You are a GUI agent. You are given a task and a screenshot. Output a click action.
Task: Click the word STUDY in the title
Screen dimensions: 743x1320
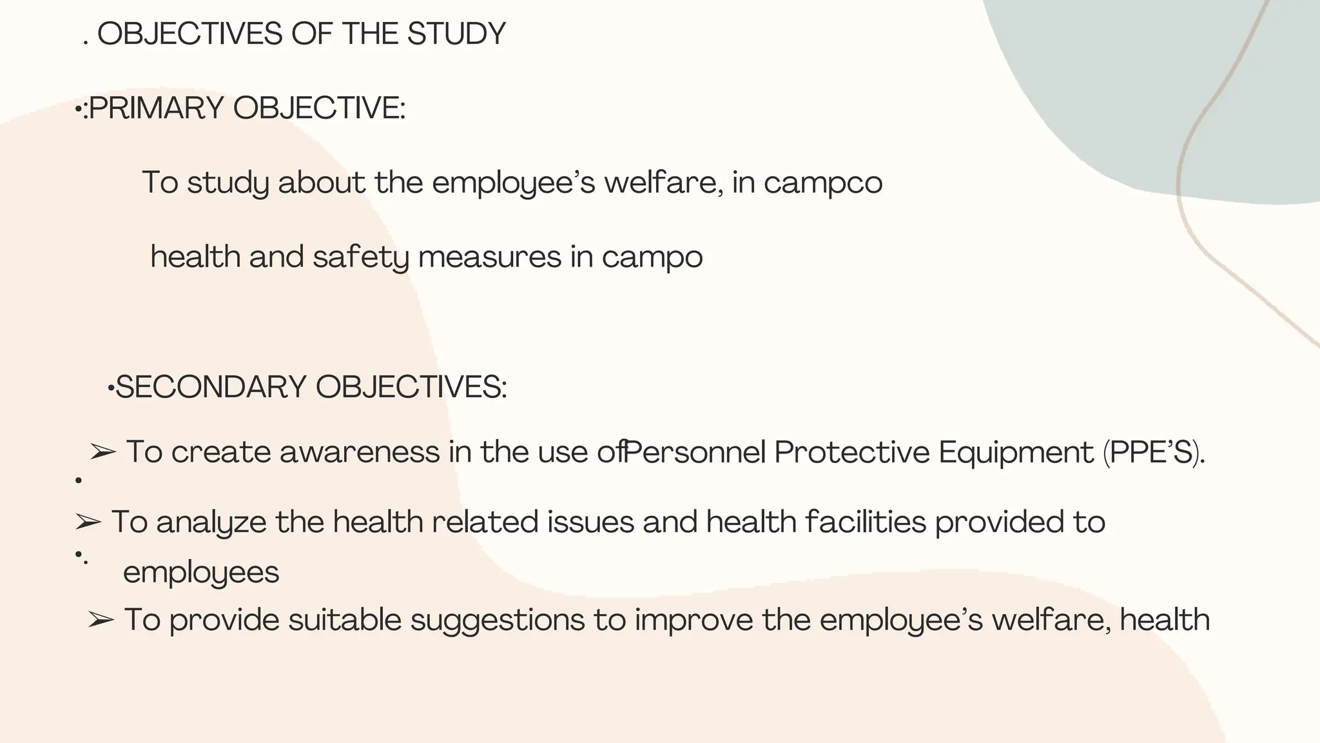[456, 34]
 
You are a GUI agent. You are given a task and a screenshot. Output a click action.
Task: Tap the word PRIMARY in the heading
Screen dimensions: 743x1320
[157, 108]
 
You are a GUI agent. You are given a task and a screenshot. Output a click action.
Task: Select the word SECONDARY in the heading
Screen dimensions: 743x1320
[211, 388]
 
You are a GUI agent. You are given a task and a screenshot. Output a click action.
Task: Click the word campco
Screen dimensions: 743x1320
[823, 183]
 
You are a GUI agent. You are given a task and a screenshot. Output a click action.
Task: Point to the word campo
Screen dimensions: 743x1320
[652, 257]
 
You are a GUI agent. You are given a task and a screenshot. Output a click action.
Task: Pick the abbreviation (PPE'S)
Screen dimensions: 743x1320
[1153, 452]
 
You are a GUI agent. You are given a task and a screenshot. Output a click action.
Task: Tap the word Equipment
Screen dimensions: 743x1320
[1016, 452]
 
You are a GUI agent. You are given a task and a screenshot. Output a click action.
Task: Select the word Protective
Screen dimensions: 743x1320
[851, 452]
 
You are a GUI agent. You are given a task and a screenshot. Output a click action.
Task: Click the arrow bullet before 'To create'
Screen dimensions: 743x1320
[102, 452]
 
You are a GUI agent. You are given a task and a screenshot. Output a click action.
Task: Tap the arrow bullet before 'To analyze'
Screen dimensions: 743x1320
[88, 522]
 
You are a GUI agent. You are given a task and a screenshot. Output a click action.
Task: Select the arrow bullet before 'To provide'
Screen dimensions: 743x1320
[101, 620]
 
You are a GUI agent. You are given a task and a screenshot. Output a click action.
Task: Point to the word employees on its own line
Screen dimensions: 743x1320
[201, 573]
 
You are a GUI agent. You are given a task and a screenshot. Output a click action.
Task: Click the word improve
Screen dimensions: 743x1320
[694, 620]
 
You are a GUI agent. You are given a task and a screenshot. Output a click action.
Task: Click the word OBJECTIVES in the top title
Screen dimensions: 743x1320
[190, 34]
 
